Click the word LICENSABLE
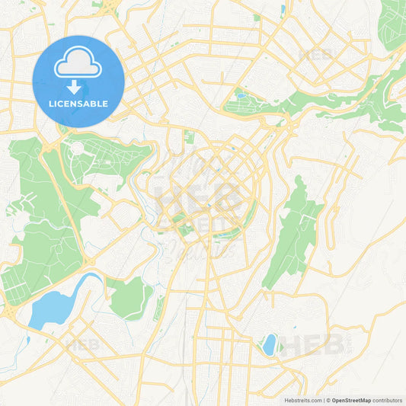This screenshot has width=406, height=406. click(78, 104)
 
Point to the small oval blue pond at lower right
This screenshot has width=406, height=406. click(269, 344)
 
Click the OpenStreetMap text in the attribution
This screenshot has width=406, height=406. click(351, 400)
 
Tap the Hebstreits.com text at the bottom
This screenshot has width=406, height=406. click(302, 400)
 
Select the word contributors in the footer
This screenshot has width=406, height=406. click(388, 400)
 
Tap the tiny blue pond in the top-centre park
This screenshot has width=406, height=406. click(241, 97)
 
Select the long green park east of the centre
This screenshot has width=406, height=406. click(293, 232)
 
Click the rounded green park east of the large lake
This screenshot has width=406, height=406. click(131, 297)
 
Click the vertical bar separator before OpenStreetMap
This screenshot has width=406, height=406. click(326, 400)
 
